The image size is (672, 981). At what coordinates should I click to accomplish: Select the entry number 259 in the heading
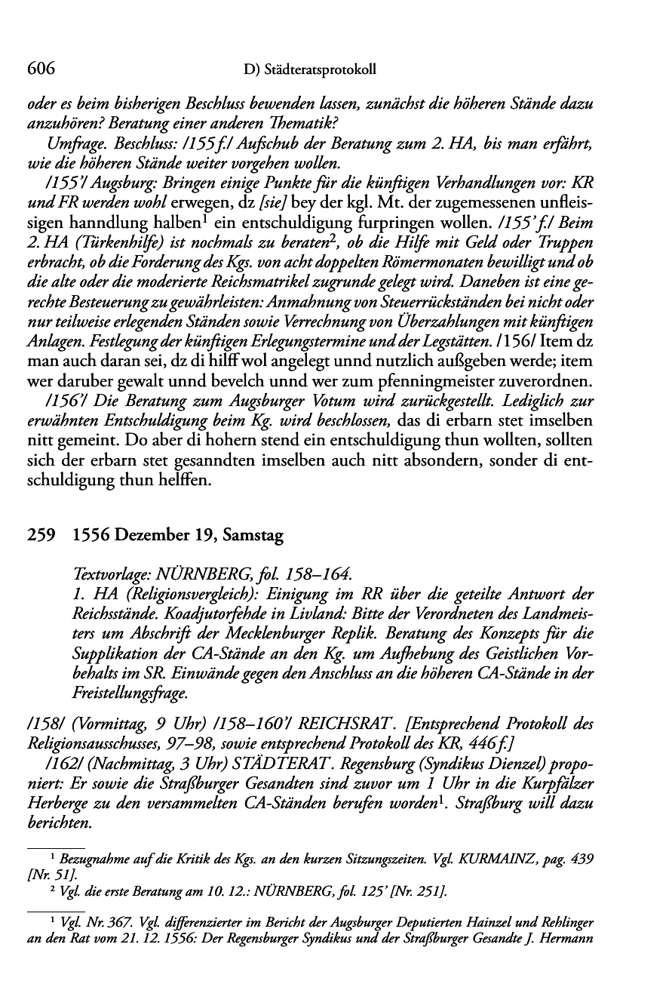coord(38,537)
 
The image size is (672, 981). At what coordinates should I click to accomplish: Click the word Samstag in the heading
coord(246,537)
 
